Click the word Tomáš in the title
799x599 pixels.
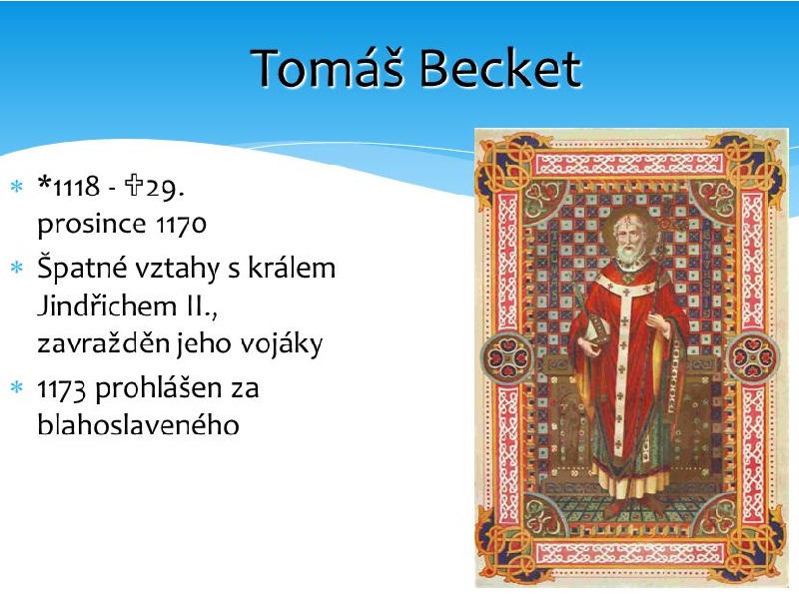click(328, 68)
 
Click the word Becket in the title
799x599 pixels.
click(501, 68)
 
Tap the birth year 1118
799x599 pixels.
click(77, 187)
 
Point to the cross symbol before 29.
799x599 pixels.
click(134, 185)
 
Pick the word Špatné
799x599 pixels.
click(82, 268)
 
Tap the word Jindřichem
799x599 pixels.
click(105, 306)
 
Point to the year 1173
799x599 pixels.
click(61, 389)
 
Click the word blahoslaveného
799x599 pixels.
click(138, 425)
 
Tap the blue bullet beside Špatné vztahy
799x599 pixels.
click(17, 268)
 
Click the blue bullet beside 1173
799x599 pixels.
click(17, 388)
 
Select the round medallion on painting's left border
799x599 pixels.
click(508, 357)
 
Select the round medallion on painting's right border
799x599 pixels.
click(753, 357)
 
